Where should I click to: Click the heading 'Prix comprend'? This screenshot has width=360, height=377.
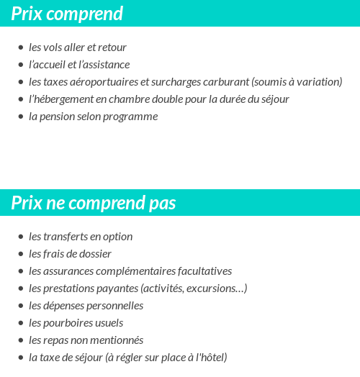(x=67, y=14)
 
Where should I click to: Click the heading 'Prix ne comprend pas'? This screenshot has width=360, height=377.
(x=93, y=203)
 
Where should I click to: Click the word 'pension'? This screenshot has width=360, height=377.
(x=58, y=117)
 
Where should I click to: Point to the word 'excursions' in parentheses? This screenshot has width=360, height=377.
(x=216, y=289)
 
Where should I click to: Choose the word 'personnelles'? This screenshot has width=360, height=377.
(x=114, y=306)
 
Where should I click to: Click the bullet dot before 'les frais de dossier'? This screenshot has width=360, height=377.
(x=20, y=254)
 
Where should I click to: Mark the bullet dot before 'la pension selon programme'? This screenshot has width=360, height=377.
(x=20, y=117)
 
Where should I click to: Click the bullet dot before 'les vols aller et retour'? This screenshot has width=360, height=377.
(x=20, y=47)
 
